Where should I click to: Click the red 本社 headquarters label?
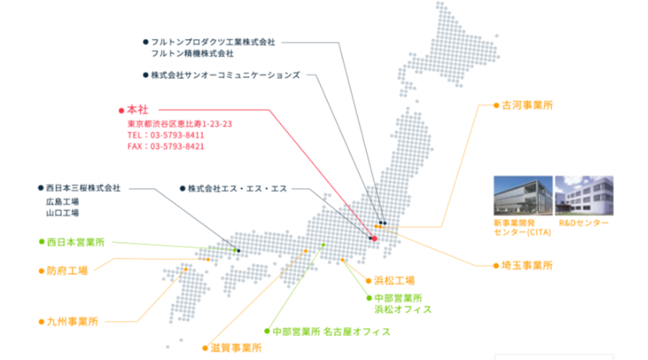point(137,110)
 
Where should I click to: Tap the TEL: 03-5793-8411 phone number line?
point(166,135)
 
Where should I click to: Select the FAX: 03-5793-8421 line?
point(166,146)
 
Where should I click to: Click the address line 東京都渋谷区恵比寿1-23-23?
point(180,124)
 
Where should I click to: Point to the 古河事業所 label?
point(527,105)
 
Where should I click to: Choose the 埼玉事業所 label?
point(527,266)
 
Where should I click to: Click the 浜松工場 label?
point(394,281)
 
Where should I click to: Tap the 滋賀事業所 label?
point(236,348)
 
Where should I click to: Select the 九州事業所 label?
point(73,322)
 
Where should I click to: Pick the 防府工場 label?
point(67,271)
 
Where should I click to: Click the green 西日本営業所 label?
point(76,242)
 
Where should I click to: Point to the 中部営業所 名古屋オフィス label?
point(332,331)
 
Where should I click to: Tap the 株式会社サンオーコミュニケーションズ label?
point(225,75)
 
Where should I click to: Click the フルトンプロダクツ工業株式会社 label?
point(213,42)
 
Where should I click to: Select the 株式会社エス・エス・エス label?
point(237,189)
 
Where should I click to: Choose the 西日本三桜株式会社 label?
point(83,188)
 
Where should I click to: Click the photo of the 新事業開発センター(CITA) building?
point(523,195)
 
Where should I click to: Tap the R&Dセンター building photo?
point(584,195)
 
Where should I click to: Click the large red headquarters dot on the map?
point(375,239)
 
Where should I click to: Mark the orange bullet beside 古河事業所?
point(497,105)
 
